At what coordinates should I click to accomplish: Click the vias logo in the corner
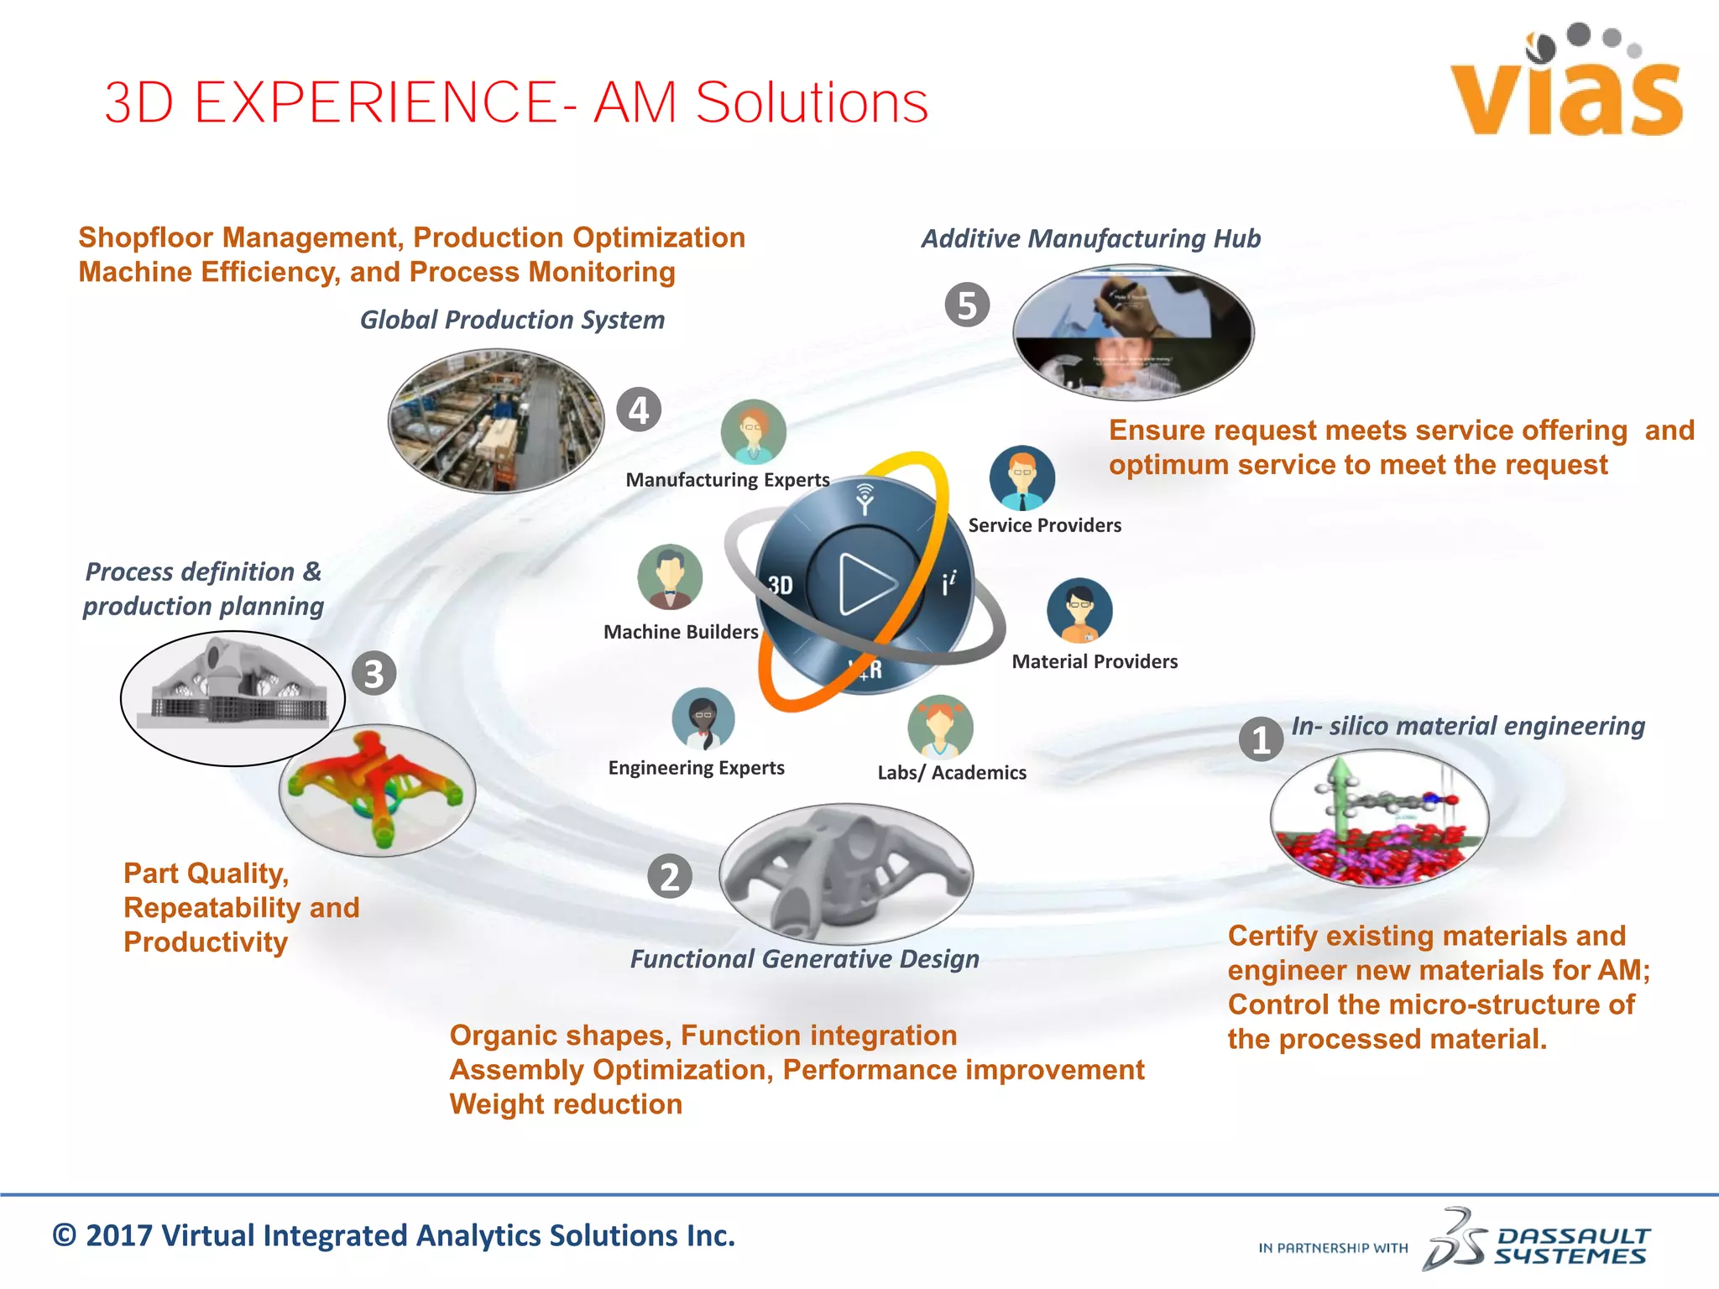pos(1566,84)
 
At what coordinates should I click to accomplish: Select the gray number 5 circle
pos(967,305)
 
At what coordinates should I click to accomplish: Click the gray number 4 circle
pos(639,410)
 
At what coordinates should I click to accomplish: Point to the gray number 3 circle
pos(374,673)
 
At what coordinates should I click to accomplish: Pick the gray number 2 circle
pos(670,877)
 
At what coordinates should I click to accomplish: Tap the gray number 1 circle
pos(1261,739)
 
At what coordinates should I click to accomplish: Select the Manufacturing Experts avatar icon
pos(753,431)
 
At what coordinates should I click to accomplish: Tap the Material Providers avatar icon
pos(1079,611)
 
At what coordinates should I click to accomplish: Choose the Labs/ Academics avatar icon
pos(940,727)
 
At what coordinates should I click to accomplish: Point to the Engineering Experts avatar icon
pos(703,719)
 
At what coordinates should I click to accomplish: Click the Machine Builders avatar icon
pos(669,577)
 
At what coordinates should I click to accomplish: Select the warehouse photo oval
pos(496,421)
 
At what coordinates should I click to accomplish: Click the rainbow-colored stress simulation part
pos(377,790)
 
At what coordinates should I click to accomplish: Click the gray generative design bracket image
pos(846,874)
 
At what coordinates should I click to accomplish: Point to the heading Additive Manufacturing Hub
pos(1090,238)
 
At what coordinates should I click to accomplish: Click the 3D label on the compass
pos(781,585)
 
